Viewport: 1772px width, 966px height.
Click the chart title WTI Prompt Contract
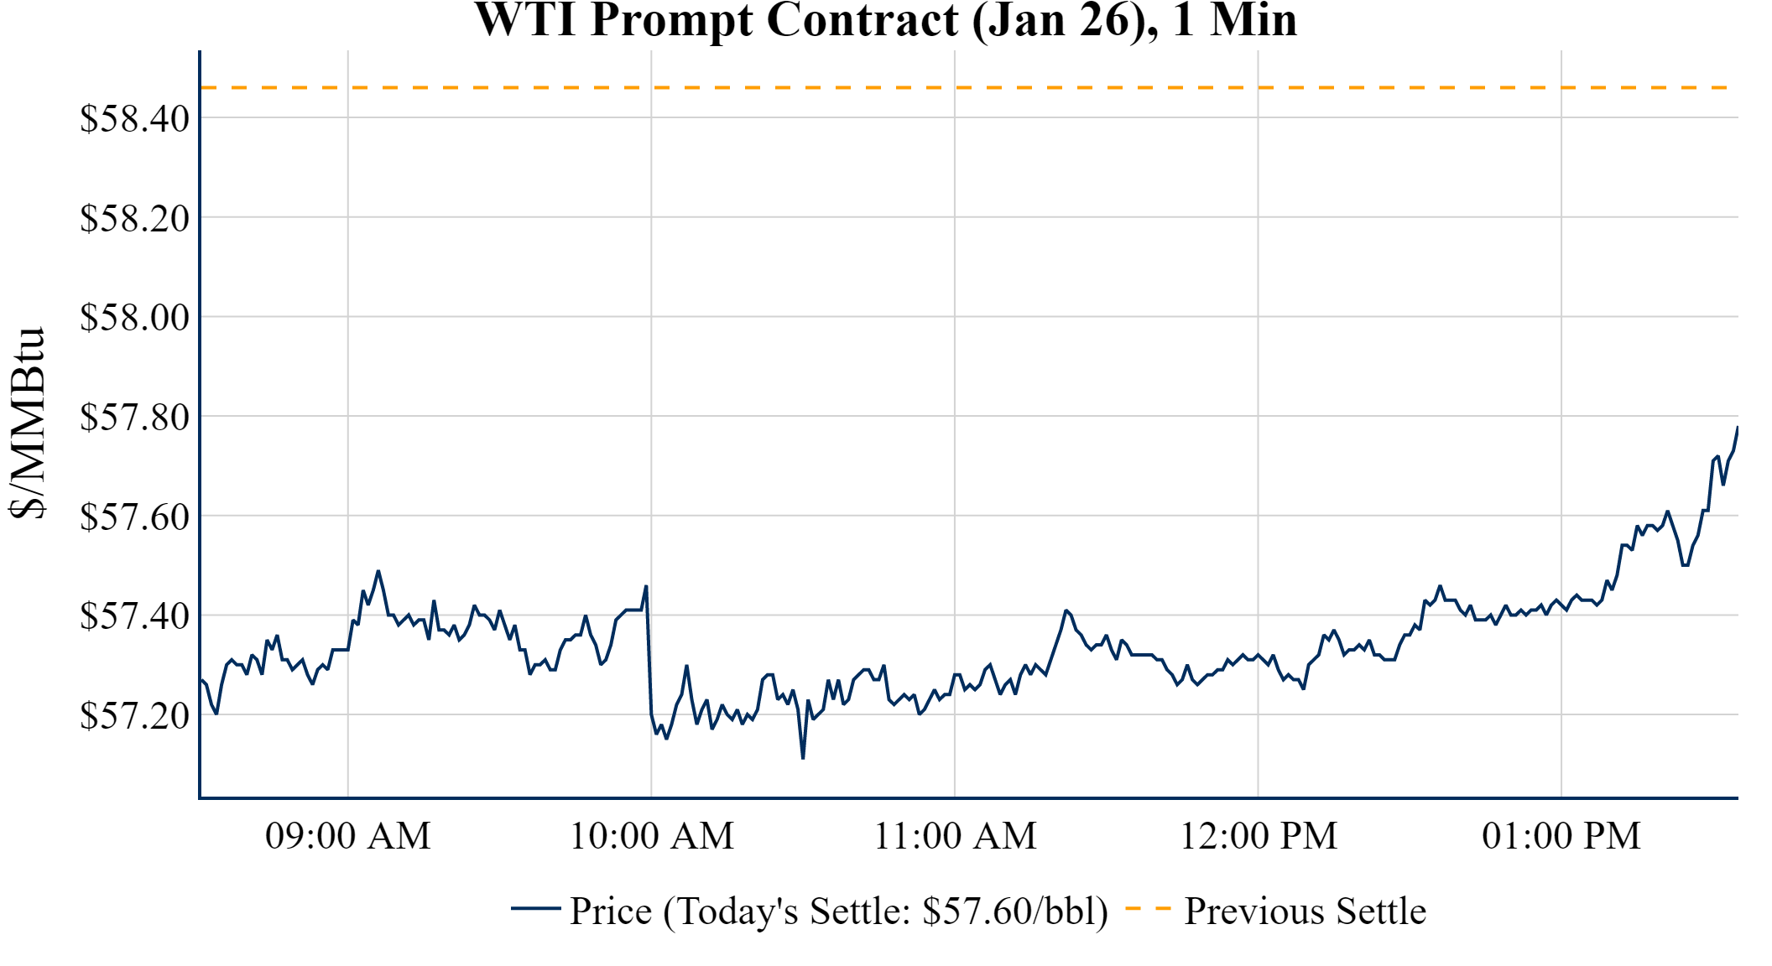pyautogui.click(x=885, y=20)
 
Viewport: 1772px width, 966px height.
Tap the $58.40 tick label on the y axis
pyautogui.click(x=134, y=118)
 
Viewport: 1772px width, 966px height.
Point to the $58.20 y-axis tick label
pyautogui.click(x=134, y=218)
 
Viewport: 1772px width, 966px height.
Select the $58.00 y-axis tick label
pyautogui.click(x=134, y=317)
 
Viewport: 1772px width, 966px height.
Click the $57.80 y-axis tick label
pyautogui.click(x=134, y=417)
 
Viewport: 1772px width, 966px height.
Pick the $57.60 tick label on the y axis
pyautogui.click(x=134, y=517)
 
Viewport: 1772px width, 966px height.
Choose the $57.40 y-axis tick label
pyautogui.click(x=134, y=615)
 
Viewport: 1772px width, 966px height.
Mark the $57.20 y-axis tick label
pyautogui.click(x=134, y=715)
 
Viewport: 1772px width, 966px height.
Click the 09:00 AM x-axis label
pyautogui.click(x=348, y=836)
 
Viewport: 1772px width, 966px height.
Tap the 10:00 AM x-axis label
pyautogui.click(x=652, y=836)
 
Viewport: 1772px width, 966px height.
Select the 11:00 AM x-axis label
pyautogui.click(x=955, y=836)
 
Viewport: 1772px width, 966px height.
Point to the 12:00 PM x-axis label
pyautogui.click(x=1259, y=836)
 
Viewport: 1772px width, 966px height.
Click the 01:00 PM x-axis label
pyautogui.click(x=1561, y=836)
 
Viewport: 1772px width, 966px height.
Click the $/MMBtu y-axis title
pyautogui.click(x=27, y=423)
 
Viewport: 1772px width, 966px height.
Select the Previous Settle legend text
pyautogui.click(x=1305, y=911)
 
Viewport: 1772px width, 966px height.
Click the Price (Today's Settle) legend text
pyautogui.click(x=839, y=911)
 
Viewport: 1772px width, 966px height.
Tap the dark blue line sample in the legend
pyautogui.click(x=535, y=908)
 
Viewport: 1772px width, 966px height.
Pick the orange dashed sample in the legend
pyautogui.click(x=1148, y=908)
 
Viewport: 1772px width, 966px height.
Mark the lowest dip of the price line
pyautogui.click(x=803, y=758)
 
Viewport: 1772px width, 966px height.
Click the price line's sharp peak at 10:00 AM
pyautogui.click(x=645, y=586)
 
